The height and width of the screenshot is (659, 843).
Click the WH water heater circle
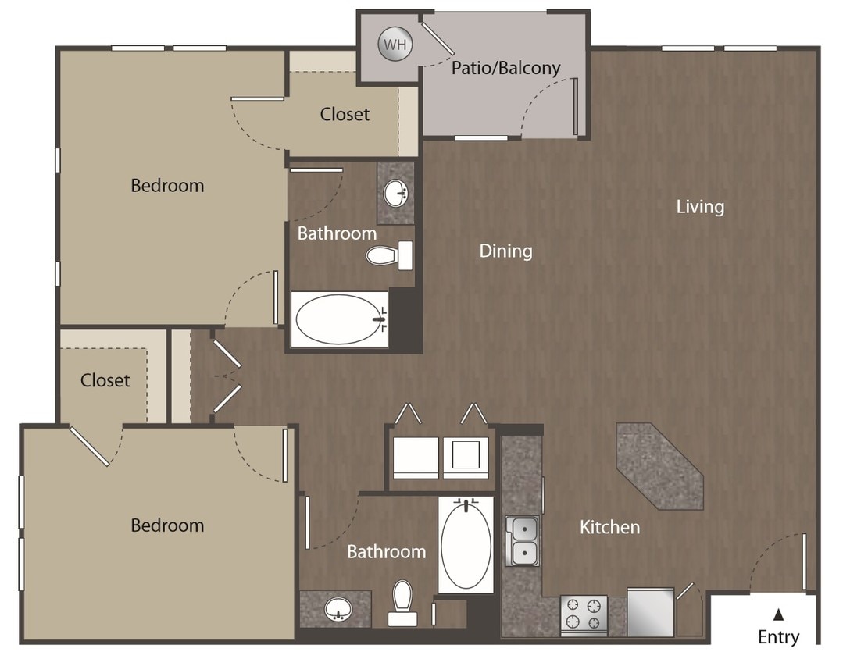pos(395,45)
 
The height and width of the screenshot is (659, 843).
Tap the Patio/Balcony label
pos(505,68)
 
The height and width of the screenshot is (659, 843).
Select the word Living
pos(700,207)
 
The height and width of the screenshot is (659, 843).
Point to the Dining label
pos(505,251)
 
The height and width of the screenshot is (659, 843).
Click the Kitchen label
pos(609,527)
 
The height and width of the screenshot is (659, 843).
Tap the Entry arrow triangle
pos(778,614)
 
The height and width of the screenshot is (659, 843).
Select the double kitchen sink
pos(522,540)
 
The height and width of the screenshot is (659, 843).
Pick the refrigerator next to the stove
pos(650,611)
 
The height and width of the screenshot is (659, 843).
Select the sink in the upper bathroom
pos(395,193)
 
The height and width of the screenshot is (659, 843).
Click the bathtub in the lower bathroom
pos(466,544)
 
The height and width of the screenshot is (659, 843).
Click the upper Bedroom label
pos(167,186)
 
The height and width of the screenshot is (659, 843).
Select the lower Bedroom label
pos(167,525)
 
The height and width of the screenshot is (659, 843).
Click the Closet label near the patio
pos(345,114)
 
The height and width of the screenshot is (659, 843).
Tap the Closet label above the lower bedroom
pos(105,380)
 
